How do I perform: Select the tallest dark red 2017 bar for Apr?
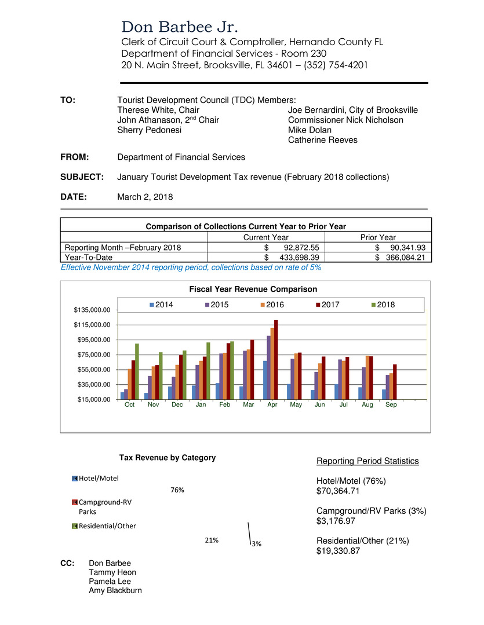pyautogui.click(x=276, y=359)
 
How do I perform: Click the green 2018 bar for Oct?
pyautogui.click(x=137, y=371)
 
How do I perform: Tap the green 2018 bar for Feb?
pyautogui.click(x=232, y=370)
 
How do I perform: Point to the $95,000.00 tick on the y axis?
pyautogui.click(x=91, y=340)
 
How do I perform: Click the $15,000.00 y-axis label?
pyautogui.click(x=91, y=399)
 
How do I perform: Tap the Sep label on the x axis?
pyautogui.click(x=391, y=405)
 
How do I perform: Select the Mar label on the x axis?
pyautogui.click(x=248, y=405)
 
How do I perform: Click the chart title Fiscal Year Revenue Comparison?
pyautogui.click(x=245, y=289)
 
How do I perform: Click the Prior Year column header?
pyautogui.click(x=377, y=237)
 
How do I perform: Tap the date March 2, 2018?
pyautogui.click(x=145, y=197)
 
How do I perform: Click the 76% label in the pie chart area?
pyautogui.click(x=177, y=490)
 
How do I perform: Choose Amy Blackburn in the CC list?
pyautogui.click(x=115, y=590)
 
